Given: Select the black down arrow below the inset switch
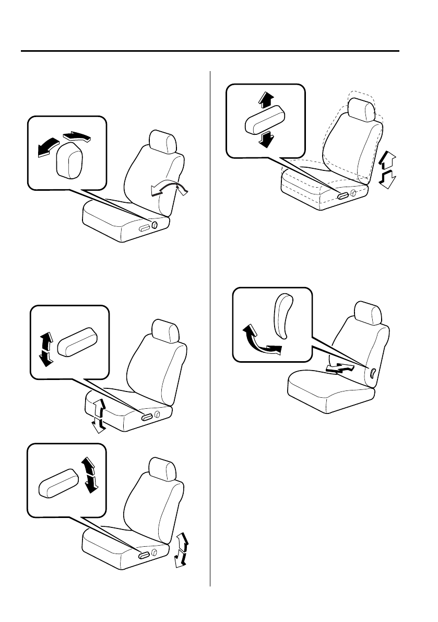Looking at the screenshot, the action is click(266, 139).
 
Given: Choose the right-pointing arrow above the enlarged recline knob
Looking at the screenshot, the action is click(77, 136).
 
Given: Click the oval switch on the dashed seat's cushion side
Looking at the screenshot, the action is click(343, 195).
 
